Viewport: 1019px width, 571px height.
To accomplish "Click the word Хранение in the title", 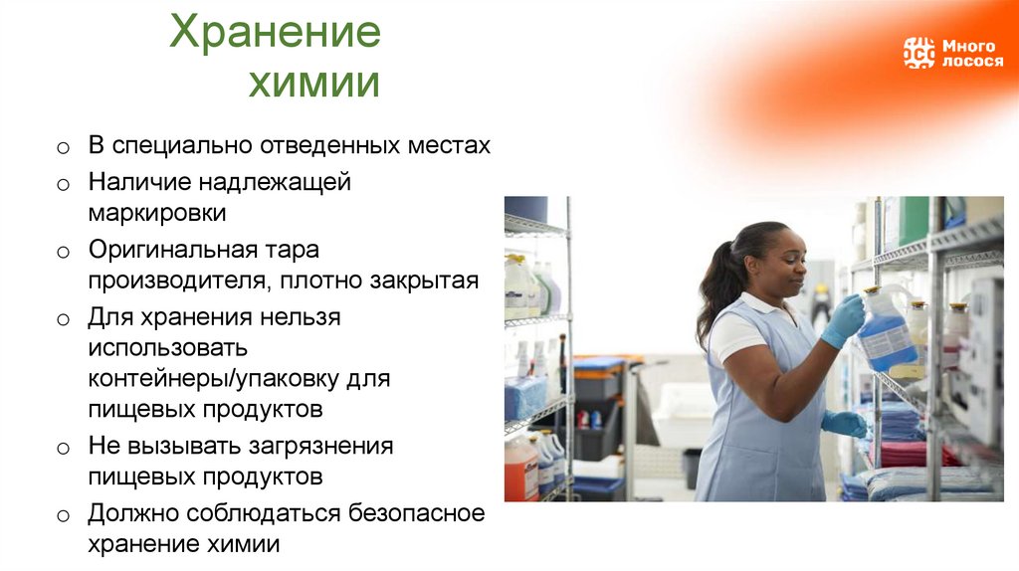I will point(275,33).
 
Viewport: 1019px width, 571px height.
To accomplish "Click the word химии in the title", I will point(314,83).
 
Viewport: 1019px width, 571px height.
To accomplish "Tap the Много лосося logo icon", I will point(918,53).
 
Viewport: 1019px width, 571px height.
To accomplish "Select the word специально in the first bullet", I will point(183,145).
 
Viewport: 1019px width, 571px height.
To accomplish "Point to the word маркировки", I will point(156,213).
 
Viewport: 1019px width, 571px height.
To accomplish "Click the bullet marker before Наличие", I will point(62,184).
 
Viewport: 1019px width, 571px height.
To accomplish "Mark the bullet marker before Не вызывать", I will point(62,448).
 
